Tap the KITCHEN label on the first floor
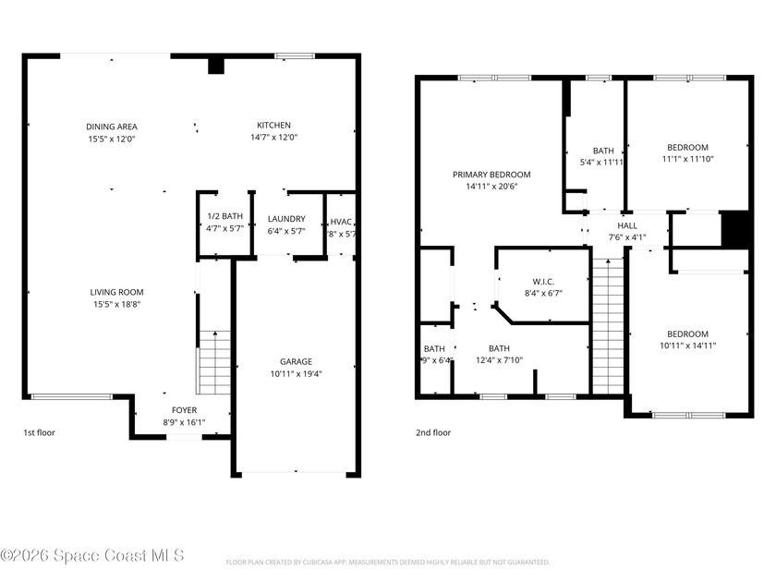pyautogui.click(x=273, y=126)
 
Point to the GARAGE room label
pyautogui.click(x=297, y=361)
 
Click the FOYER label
pyautogui.click(x=184, y=410)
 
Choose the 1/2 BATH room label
pyautogui.click(x=225, y=216)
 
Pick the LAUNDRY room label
pyautogui.click(x=286, y=219)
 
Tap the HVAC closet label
pyautogui.click(x=342, y=222)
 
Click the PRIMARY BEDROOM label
pyautogui.click(x=491, y=175)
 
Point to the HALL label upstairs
pyautogui.click(x=627, y=225)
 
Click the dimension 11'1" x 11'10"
pyautogui.click(x=688, y=159)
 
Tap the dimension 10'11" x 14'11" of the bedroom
pyautogui.click(x=688, y=346)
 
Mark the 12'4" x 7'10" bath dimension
pyautogui.click(x=499, y=360)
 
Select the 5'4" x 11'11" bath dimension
pyautogui.click(x=603, y=163)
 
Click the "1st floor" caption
pyautogui.click(x=40, y=431)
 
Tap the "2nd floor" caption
pyautogui.click(x=433, y=431)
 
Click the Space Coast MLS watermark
pyautogui.click(x=92, y=555)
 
